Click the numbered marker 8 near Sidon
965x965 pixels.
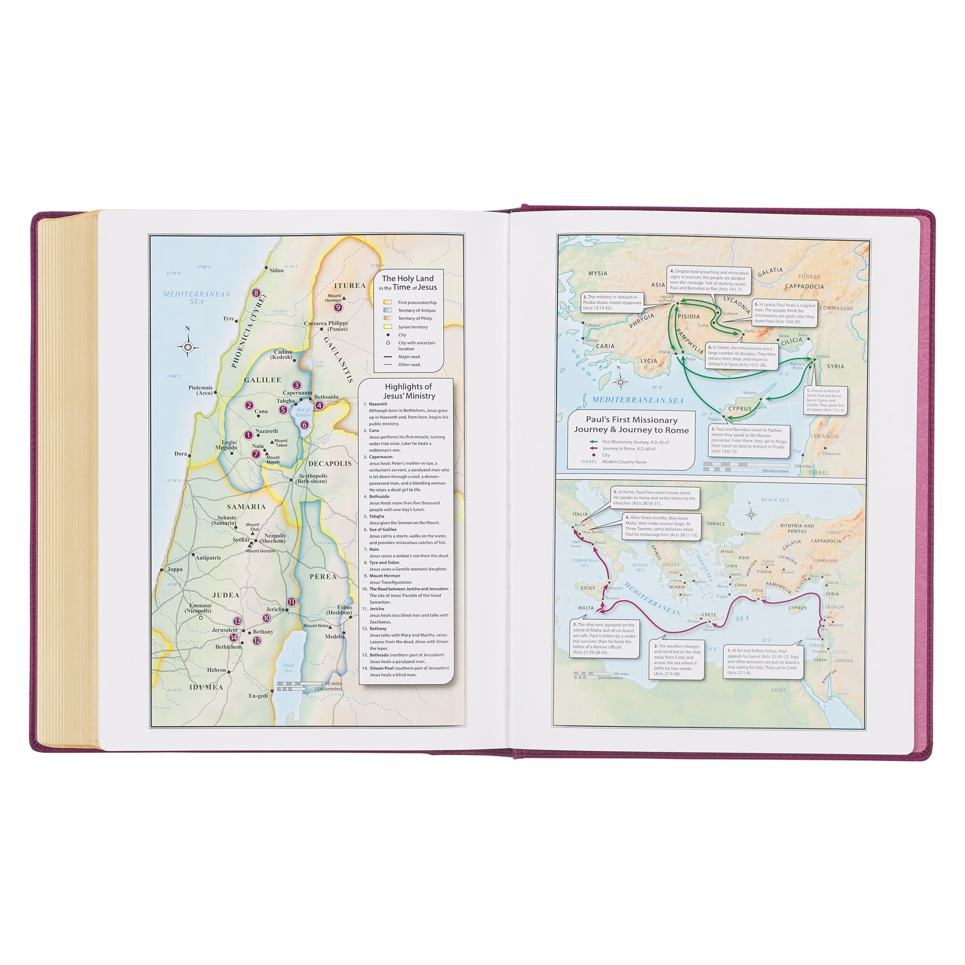pyautogui.click(x=256, y=293)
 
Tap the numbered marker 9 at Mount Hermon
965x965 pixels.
pyautogui.click(x=338, y=307)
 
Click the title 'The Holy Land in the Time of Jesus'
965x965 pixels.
pyautogui.click(x=408, y=283)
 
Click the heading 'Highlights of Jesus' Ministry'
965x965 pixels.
pyautogui.click(x=408, y=391)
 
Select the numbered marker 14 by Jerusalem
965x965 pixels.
pyautogui.click(x=233, y=637)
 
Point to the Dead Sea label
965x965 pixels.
pyautogui.click(x=288, y=668)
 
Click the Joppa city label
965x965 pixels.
pyautogui.click(x=174, y=569)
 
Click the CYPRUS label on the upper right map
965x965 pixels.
pyautogui.click(x=740, y=409)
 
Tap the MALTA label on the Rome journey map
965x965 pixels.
pyautogui.click(x=586, y=608)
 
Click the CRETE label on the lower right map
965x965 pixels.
pyautogui.click(x=709, y=615)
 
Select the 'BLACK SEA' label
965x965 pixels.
pyautogui.click(x=774, y=500)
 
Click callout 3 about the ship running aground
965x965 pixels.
pyautogui.click(x=605, y=639)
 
